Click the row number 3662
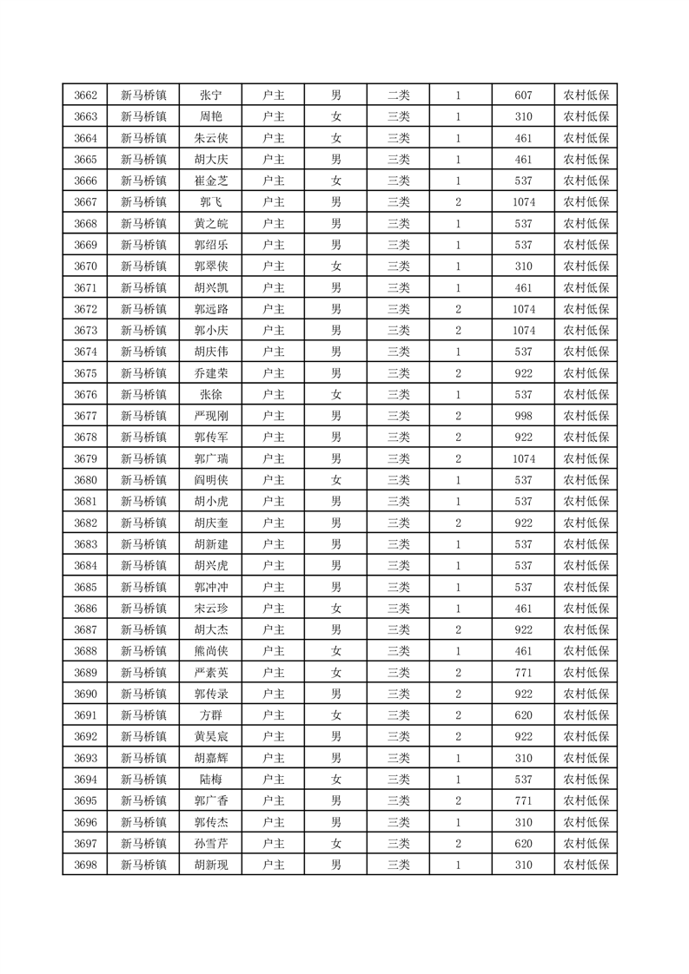point(85,95)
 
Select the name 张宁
point(210,95)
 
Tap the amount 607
point(523,95)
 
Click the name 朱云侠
point(210,138)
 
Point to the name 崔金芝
point(210,181)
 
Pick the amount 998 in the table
point(523,416)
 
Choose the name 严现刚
point(210,416)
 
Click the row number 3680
point(85,480)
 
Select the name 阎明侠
point(210,480)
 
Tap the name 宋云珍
point(210,609)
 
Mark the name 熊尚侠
point(210,651)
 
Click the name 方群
point(210,715)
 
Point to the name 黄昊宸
point(210,736)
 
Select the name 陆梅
point(210,780)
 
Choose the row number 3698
point(85,865)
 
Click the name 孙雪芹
point(210,843)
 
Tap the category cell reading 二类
point(398,95)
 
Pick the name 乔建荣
point(210,373)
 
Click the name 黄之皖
point(210,224)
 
